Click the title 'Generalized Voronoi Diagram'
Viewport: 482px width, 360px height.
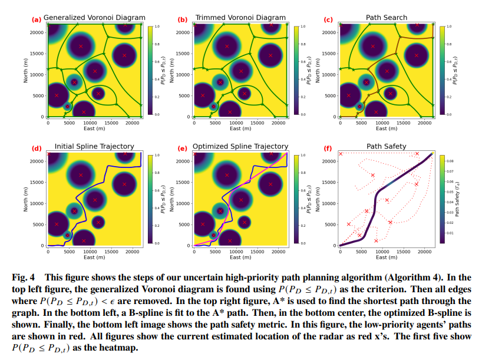point(94,18)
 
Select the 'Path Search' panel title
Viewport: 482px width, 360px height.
point(387,18)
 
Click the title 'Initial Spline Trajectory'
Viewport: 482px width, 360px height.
point(94,146)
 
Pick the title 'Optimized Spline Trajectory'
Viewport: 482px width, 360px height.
point(241,146)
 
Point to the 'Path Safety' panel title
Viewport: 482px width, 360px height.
point(387,146)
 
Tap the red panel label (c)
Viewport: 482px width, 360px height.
point(329,19)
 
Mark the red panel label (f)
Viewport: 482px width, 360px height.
point(329,147)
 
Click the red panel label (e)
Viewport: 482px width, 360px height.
point(183,147)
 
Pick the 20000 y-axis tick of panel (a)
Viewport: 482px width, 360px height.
point(37,32)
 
